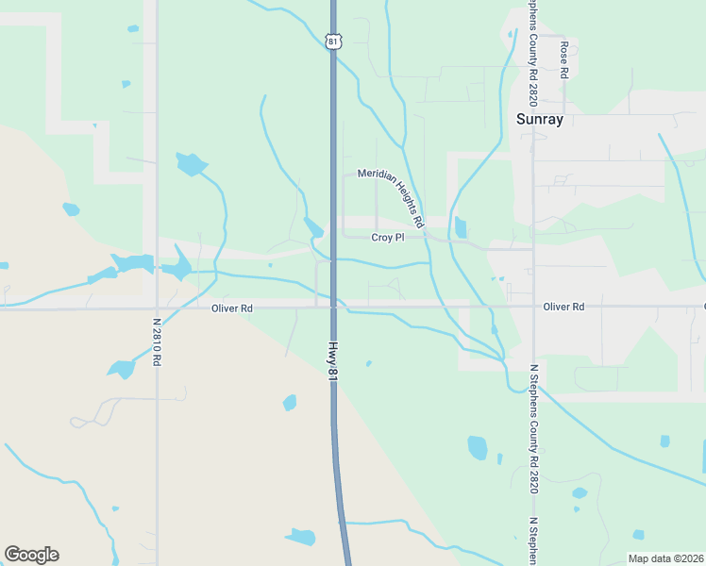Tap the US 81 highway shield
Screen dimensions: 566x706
(332, 41)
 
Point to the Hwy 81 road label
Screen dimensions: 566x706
(333, 359)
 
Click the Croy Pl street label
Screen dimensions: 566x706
(387, 238)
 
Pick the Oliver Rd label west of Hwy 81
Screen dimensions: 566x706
(232, 308)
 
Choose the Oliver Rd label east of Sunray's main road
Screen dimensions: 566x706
(563, 307)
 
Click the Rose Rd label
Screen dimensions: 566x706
(564, 58)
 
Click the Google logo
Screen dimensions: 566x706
(31, 555)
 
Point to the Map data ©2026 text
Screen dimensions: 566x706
(665, 558)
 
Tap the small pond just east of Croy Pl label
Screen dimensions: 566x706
(461, 227)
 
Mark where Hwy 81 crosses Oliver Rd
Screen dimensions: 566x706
(333, 307)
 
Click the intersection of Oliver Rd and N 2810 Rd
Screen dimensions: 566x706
(156, 308)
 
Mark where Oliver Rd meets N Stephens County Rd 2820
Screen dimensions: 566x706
(533, 307)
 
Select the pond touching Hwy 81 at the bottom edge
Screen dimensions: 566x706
(301, 538)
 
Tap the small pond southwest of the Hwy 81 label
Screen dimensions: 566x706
(290, 403)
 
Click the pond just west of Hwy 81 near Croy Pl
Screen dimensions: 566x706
(313, 227)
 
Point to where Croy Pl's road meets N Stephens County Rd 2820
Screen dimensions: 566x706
(533, 249)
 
